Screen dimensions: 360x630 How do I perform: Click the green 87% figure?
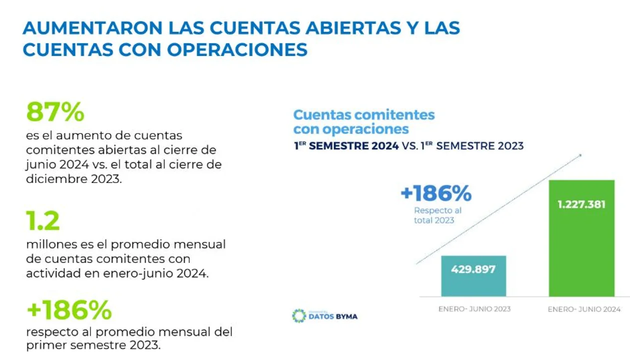click(55, 112)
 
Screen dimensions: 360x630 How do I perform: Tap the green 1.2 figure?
click(43, 221)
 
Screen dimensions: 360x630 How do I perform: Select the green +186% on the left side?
click(69, 310)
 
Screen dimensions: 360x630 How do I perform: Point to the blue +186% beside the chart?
click(436, 193)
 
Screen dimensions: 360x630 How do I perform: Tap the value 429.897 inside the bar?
click(473, 269)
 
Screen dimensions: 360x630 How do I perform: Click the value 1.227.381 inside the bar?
click(582, 204)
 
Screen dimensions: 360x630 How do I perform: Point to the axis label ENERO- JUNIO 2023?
click(474, 309)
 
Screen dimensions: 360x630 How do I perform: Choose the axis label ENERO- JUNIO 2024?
click(584, 309)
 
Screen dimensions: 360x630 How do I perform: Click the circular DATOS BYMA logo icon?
click(299, 315)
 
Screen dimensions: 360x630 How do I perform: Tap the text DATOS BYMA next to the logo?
click(333, 316)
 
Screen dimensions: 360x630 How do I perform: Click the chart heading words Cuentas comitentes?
click(364, 114)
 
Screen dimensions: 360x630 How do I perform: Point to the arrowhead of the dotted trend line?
click(580, 155)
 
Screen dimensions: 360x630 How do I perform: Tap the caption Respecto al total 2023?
click(437, 215)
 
